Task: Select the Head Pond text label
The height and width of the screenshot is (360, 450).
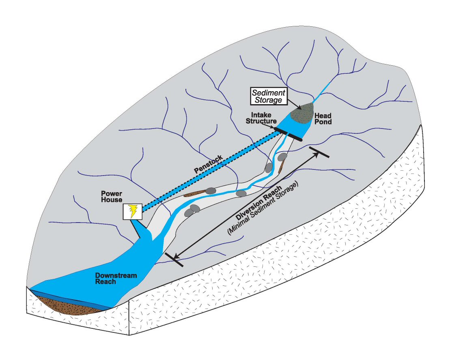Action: click(323, 119)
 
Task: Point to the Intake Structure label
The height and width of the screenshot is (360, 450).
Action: click(264, 118)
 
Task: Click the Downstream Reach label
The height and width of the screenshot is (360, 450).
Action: click(116, 279)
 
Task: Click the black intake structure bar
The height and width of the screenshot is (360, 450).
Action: click(289, 135)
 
